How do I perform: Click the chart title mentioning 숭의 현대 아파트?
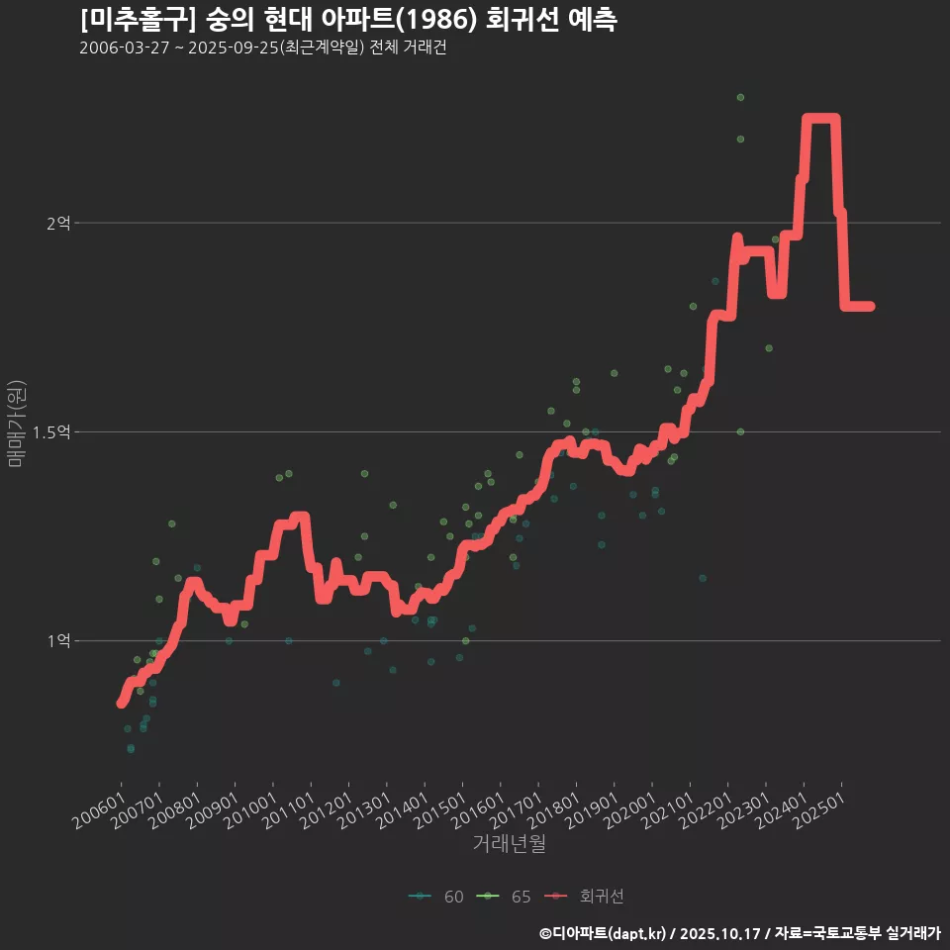click(x=348, y=19)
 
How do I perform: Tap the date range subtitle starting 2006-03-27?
click(x=262, y=48)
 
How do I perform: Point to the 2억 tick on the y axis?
click(x=59, y=224)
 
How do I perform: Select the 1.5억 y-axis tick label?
click(x=51, y=432)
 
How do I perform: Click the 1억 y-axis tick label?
click(x=59, y=641)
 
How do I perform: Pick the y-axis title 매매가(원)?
click(x=15, y=424)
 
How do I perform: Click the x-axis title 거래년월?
click(x=509, y=843)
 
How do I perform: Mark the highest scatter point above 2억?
click(x=740, y=97)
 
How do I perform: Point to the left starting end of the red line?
click(x=121, y=703)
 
